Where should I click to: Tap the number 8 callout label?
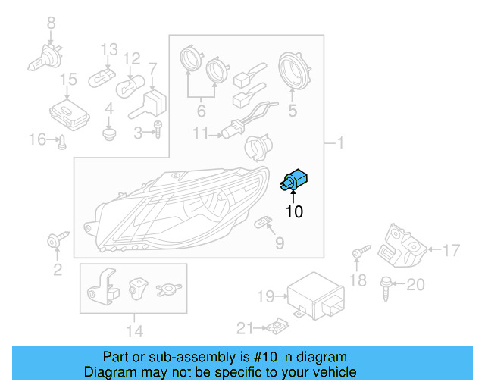[51, 23]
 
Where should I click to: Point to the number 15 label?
[68, 79]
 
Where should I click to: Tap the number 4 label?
[109, 108]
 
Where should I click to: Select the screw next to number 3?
[158, 131]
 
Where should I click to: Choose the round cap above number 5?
[293, 70]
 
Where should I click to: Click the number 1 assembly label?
[340, 142]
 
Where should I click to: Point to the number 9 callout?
[279, 243]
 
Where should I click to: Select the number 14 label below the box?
[133, 330]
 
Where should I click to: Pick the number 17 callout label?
[451, 249]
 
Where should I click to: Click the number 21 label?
[243, 327]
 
